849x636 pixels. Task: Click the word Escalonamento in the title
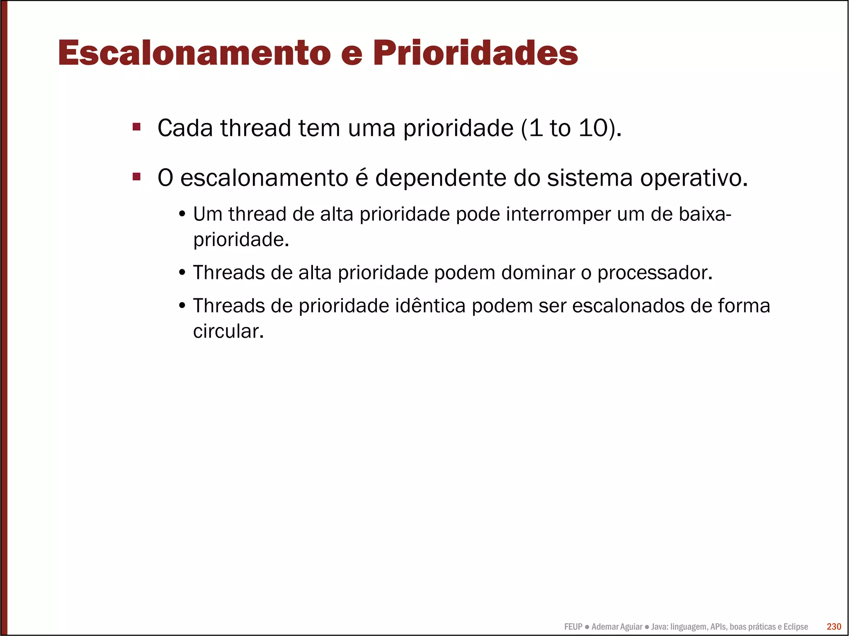pyautogui.click(x=194, y=53)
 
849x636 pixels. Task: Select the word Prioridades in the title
pyautogui.click(x=475, y=53)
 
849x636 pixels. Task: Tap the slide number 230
pyautogui.click(x=834, y=626)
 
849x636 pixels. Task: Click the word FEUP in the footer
pyautogui.click(x=573, y=627)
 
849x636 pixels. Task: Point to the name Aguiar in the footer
pyautogui.click(x=631, y=627)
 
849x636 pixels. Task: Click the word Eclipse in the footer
pyautogui.click(x=796, y=627)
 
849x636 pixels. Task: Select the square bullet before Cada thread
pyautogui.click(x=136, y=127)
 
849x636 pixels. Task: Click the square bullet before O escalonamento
pyautogui.click(x=136, y=177)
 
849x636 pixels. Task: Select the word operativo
pyautogui.click(x=694, y=179)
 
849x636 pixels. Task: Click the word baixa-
pyautogui.click(x=705, y=214)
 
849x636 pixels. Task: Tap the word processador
pyautogui.click(x=655, y=273)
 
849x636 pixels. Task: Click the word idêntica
pyautogui.click(x=430, y=306)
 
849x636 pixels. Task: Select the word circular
pyautogui.click(x=228, y=331)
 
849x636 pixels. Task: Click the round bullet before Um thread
pyautogui.click(x=182, y=215)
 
